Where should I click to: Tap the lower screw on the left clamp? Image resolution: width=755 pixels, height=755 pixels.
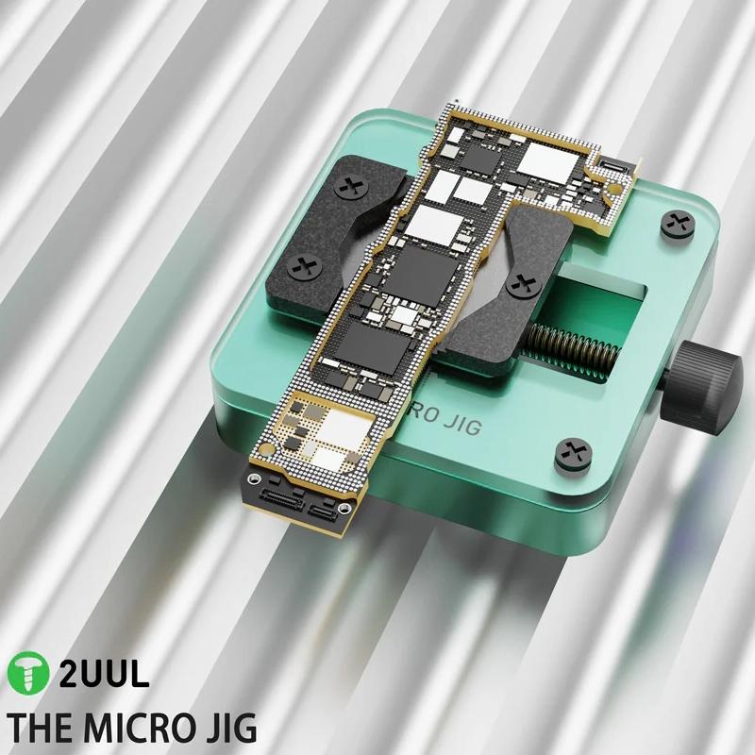pos(304,265)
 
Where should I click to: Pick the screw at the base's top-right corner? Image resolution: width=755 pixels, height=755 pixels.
pos(676,224)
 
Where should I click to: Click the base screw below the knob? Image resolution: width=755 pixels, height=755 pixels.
pos(573,451)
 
